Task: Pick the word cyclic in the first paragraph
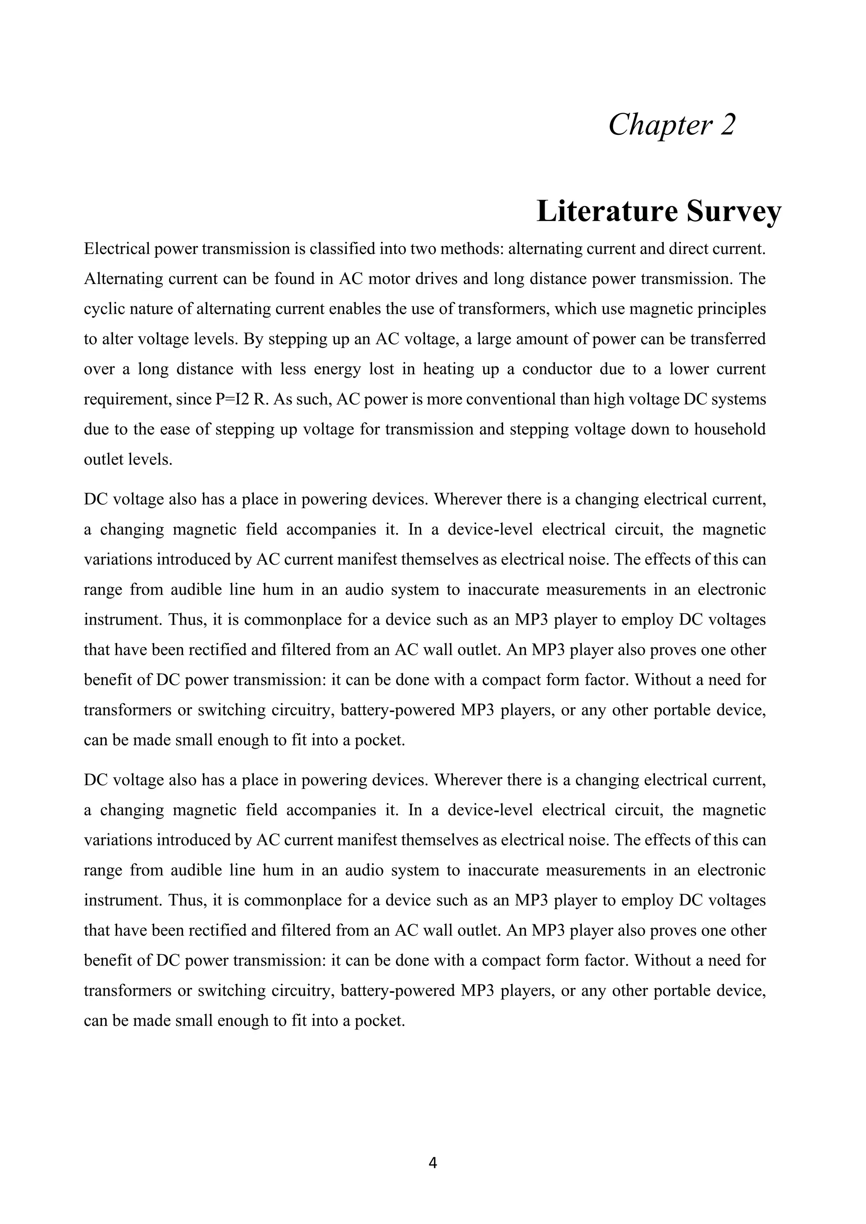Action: (x=101, y=309)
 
